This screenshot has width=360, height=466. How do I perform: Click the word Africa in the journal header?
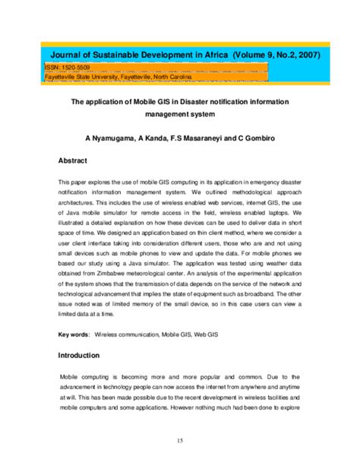click(x=213, y=55)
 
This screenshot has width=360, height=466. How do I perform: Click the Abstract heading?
click(x=73, y=161)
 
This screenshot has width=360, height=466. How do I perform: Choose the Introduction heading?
click(x=79, y=355)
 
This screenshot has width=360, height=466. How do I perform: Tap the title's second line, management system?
click(x=180, y=115)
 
